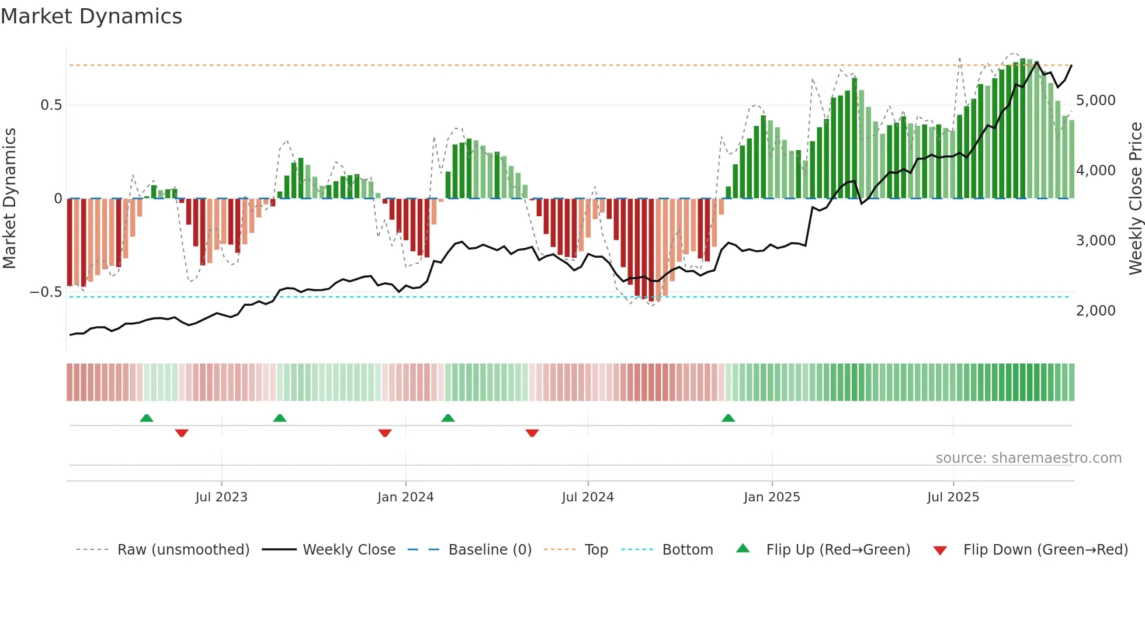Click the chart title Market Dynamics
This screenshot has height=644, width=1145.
point(91,16)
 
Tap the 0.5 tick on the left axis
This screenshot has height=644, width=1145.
point(51,105)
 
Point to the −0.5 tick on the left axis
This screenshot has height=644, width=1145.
point(46,292)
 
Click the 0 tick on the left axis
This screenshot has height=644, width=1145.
point(58,199)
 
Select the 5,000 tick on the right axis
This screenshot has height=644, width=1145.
point(1095,101)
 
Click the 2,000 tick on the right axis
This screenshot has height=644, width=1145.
point(1095,311)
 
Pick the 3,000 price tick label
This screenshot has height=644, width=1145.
point(1095,241)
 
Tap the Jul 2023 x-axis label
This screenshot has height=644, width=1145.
point(221,497)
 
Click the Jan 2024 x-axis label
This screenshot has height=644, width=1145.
point(405,497)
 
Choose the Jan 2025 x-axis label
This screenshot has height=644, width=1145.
point(772,497)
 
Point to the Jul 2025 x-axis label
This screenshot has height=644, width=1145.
point(953,497)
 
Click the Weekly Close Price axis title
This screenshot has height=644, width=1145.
point(1135,199)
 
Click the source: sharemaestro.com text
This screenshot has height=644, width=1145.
point(1028,458)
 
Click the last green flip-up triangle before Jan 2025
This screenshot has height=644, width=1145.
point(728,418)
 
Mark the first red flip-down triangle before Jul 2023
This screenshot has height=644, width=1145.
point(182,433)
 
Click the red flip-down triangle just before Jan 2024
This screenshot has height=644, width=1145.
point(384,433)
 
